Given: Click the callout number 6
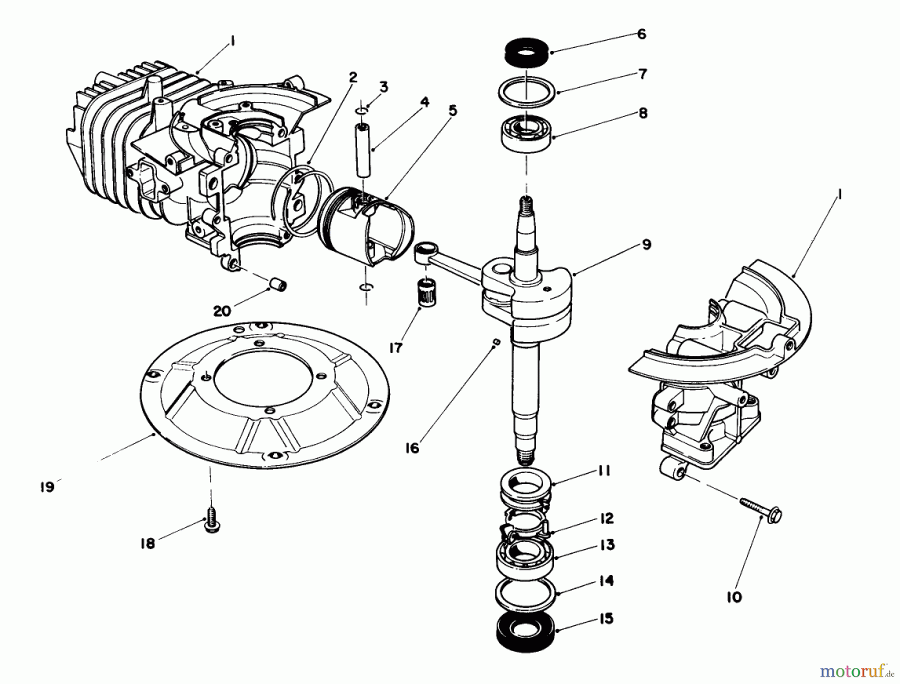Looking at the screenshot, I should coord(642,34).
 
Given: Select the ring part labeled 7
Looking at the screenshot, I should coord(527,91).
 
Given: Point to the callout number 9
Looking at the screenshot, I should coord(646,244).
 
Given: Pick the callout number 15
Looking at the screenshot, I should coord(606,618).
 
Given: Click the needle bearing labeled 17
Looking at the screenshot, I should coord(426,294).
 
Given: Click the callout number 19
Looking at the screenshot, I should coord(47,486).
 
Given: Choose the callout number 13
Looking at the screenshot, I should coord(607,544).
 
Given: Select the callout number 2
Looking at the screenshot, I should coord(353,77).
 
